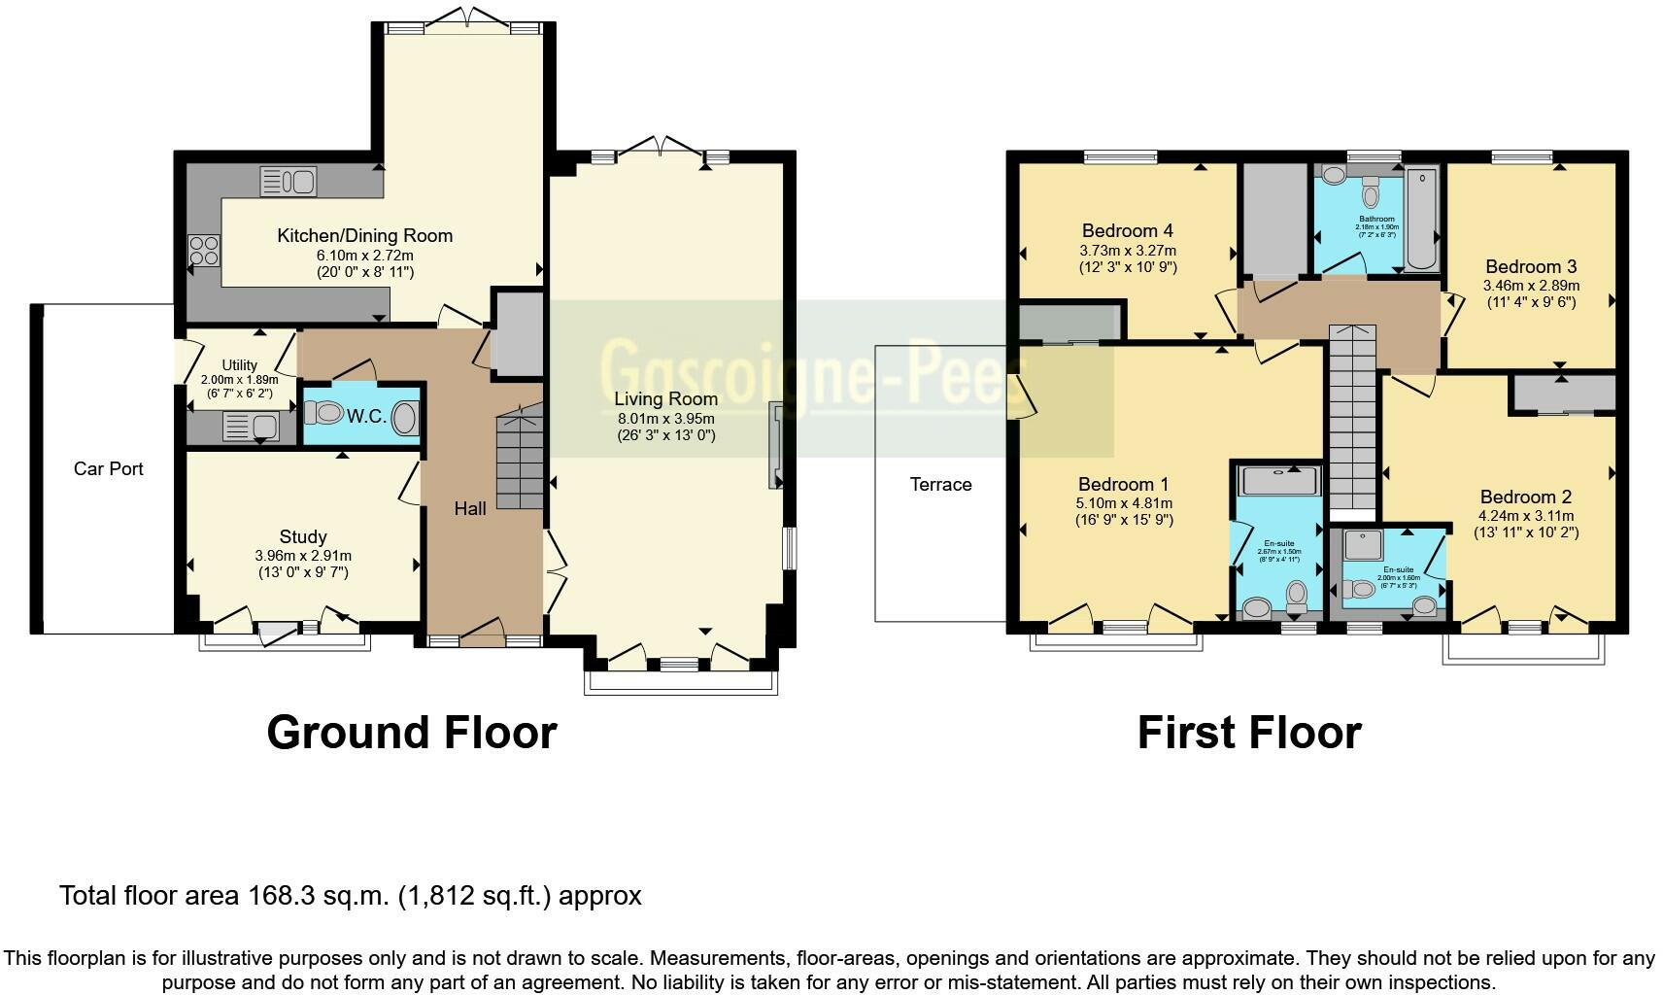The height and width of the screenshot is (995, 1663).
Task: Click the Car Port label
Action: click(108, 468)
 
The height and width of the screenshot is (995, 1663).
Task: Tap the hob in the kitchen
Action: click(204, 251)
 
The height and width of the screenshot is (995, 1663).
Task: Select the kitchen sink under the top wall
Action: click(288, 181)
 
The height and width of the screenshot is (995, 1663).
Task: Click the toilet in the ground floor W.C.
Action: click(323, 414)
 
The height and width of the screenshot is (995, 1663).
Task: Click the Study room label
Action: click(303, 536)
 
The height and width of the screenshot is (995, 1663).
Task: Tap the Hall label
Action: click(470, 508)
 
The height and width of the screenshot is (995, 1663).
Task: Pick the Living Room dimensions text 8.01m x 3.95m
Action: click(665, 418)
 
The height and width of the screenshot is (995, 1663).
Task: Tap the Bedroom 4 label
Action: click(1127, 230)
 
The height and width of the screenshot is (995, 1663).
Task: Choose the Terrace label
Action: click(940, 484)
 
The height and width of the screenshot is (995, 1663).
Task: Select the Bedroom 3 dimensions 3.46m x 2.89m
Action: click(1531, 286)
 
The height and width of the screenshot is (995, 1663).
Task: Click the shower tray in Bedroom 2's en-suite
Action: click(1363, 546)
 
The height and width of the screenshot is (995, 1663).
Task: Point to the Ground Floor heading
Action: click(411, 732)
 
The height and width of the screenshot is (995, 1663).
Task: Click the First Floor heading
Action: click(1248, 732)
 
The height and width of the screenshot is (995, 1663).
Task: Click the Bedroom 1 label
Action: click(1123, 484)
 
